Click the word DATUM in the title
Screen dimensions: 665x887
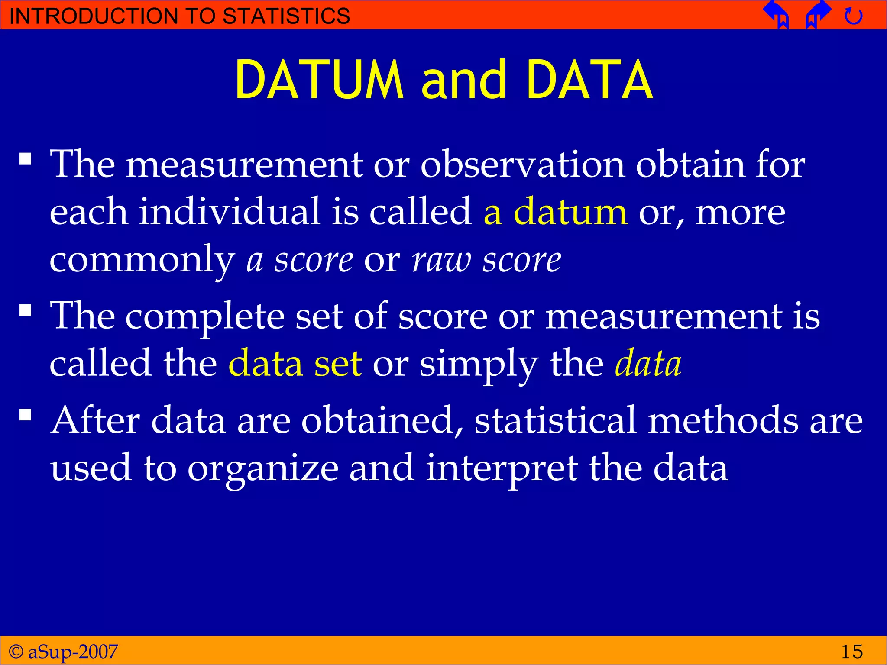click(319, 80)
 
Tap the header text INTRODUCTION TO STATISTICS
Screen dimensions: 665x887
click(179, 16)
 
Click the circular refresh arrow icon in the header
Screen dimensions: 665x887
click(853, 16)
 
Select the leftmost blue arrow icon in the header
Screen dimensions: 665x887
click(777, 14)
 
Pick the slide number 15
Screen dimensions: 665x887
click(851, 651)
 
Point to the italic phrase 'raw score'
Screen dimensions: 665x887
click(486, 260)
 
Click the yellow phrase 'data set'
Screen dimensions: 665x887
click(295, 363)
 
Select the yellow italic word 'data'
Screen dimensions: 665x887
click(648, 363)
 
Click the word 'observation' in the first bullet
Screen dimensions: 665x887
click(522, 165)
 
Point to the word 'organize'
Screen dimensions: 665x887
click(263, 468)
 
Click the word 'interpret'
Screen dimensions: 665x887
click(501, 468)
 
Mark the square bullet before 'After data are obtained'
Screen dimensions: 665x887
click(26, 415)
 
